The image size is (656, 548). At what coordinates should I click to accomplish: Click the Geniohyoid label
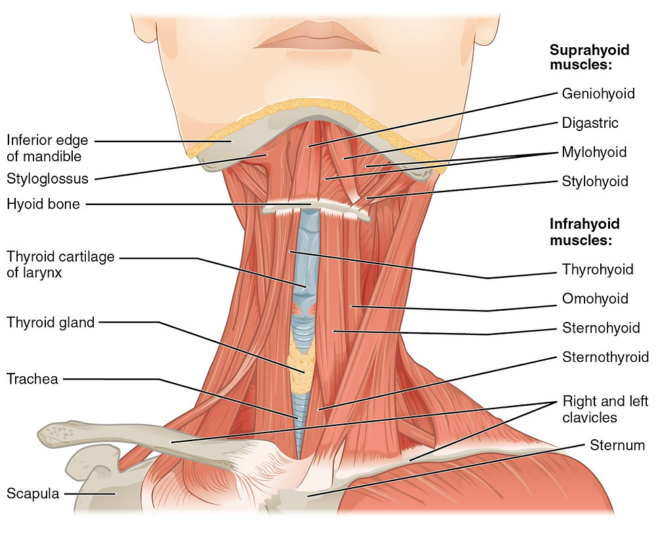click(x=598, y=94)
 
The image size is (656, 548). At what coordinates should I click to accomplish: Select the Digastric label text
click(x=590, y=123)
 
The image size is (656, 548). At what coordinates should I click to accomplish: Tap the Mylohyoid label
click(x=594, y=153)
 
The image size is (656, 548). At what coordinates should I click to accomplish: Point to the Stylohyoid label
click(x=594, y=182)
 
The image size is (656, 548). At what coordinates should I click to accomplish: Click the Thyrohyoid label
click(x=597, y=269)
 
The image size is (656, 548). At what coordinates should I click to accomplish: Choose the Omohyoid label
click(x=595, y=299)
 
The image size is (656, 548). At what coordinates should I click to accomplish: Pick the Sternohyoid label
click(x=601, y=328)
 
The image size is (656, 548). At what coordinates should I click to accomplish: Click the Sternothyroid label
click(x=605, y=357)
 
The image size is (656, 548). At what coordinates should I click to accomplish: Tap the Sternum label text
click(x=617, y=446)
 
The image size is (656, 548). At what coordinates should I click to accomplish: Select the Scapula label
click(x=33, y=494)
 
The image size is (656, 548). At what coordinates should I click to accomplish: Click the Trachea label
click(x=32, y=379)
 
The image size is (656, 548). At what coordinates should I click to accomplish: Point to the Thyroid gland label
click(x=51, y=322)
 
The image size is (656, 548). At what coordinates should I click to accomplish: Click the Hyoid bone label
click(x=43, y=204)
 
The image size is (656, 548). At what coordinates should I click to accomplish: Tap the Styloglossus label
click(x=47, y=178)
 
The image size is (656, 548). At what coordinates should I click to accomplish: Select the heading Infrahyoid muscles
click(x=584, y=232)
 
